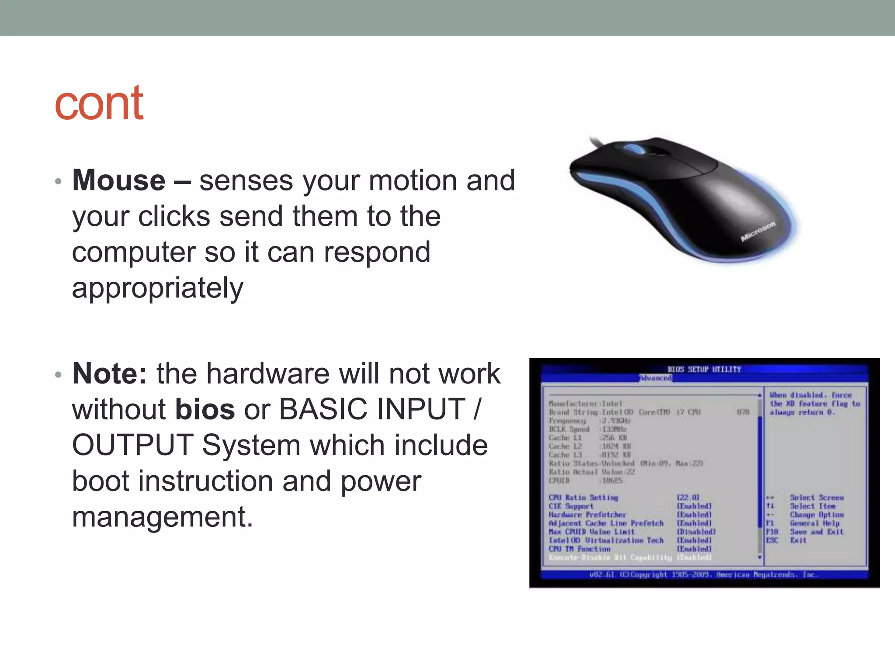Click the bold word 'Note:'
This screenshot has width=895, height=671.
109,374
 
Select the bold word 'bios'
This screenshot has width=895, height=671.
205,410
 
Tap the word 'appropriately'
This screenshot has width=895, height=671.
157,288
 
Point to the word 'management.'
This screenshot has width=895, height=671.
162,517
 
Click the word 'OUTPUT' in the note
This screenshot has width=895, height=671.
132,446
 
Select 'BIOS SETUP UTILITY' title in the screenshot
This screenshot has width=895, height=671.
704,369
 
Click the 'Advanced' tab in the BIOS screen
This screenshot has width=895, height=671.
655,378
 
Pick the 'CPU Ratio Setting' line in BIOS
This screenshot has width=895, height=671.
583,498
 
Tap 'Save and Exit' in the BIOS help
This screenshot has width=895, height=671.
816,532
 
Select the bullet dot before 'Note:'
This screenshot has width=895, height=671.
58,375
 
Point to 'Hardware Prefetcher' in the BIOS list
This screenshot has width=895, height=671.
587,515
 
